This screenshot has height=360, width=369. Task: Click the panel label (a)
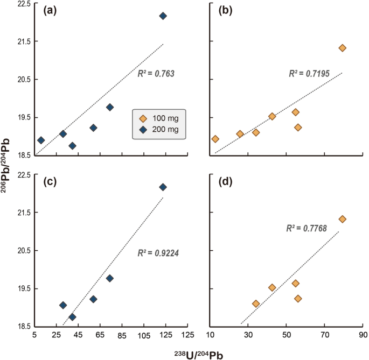coord(51,11)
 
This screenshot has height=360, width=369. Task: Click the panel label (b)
coord(226,11)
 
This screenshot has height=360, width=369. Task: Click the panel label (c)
coord(51,182)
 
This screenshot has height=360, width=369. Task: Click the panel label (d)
coord(226,182)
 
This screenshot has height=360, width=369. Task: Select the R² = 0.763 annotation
coord(156,72)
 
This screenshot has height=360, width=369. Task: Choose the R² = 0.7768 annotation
coord(304,229)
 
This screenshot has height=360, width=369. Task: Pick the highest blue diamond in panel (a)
coord(163,16)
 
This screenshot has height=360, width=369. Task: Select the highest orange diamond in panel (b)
coord(342,48)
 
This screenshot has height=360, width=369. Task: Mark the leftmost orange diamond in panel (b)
coord(215,139)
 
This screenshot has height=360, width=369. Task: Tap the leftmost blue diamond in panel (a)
coord(41,140)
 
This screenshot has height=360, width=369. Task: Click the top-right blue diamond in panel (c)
coord(163,187)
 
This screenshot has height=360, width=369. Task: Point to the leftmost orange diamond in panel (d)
coord(256,303)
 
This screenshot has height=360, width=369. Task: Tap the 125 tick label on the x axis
coord(187,336)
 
